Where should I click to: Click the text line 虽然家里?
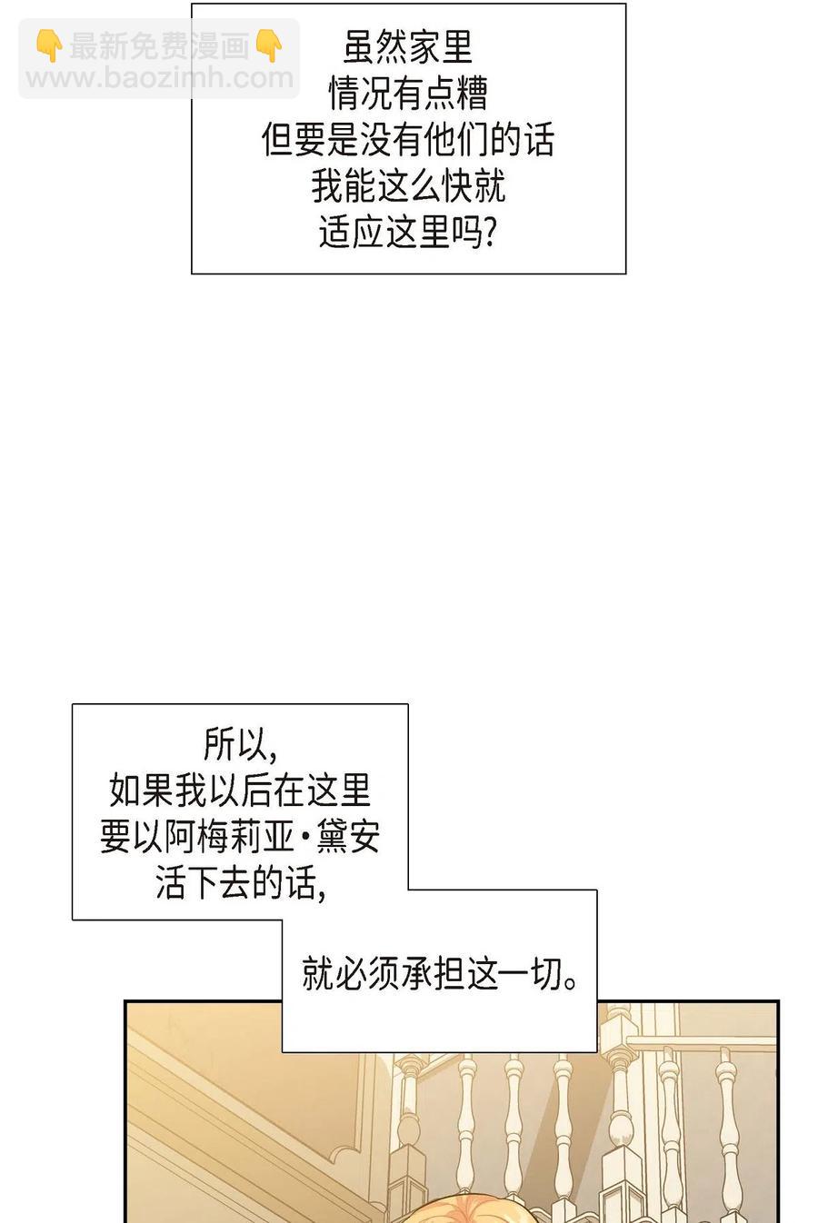[408, 47]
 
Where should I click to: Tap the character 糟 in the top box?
[471, 94]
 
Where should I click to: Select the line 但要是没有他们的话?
[408, 140]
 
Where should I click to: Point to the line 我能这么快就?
[408, 186]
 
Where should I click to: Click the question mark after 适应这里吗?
[490, 233]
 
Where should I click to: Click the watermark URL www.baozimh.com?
[159, 78]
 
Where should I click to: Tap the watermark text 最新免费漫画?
[159, 45]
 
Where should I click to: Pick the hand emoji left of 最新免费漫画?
[49, 45]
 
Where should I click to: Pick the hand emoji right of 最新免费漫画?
[269, 45]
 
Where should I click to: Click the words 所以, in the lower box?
[240, 743]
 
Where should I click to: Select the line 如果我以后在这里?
[240, 790]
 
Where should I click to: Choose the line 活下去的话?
[240, 883]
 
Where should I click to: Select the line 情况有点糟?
[408, 94]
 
